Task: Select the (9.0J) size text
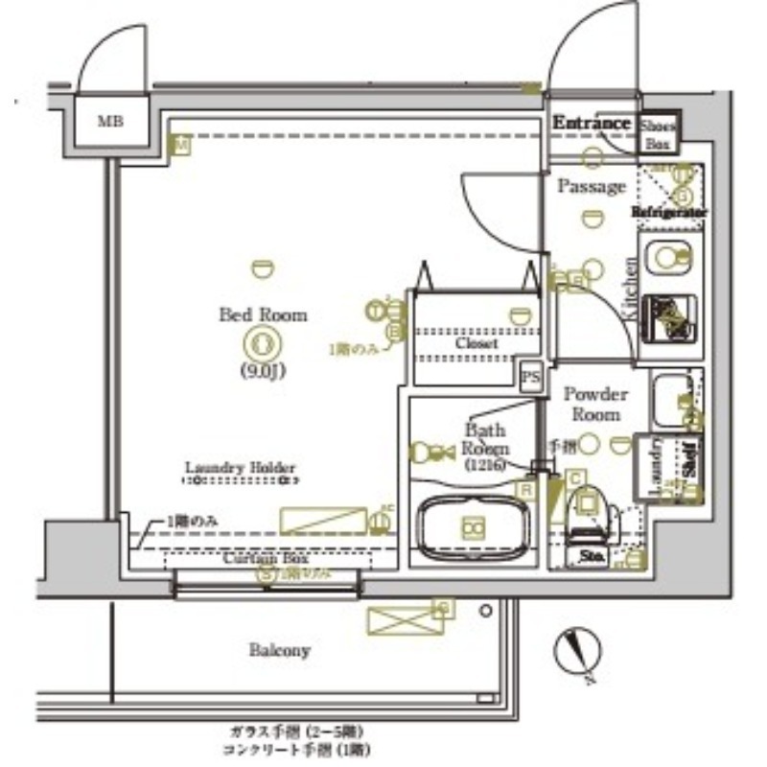point(263,372)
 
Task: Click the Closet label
point(476,342)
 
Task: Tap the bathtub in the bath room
point(474,526)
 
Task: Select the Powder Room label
point(594,404)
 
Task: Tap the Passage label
point(592,186)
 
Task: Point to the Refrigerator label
point(670,212)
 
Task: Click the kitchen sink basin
point(669,257)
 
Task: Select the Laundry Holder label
point(240,469)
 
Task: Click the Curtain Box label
point(259,558)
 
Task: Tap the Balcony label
point(280,651)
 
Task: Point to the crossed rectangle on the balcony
point(396,620)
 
